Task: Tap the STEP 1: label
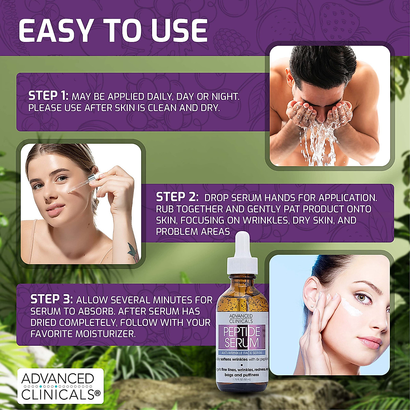click(48, 96)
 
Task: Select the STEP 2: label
click(177, 197)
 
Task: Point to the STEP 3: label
click(51, 300)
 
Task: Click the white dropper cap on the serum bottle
click(243, 251)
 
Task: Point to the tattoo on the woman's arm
click(133, 251)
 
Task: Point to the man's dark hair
click(321, 65)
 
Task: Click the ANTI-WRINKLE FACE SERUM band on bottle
click(242, 353)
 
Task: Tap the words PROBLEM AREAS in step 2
click(193, 231)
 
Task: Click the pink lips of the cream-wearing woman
click(370, 342)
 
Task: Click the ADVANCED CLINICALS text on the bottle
click(241, 318)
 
